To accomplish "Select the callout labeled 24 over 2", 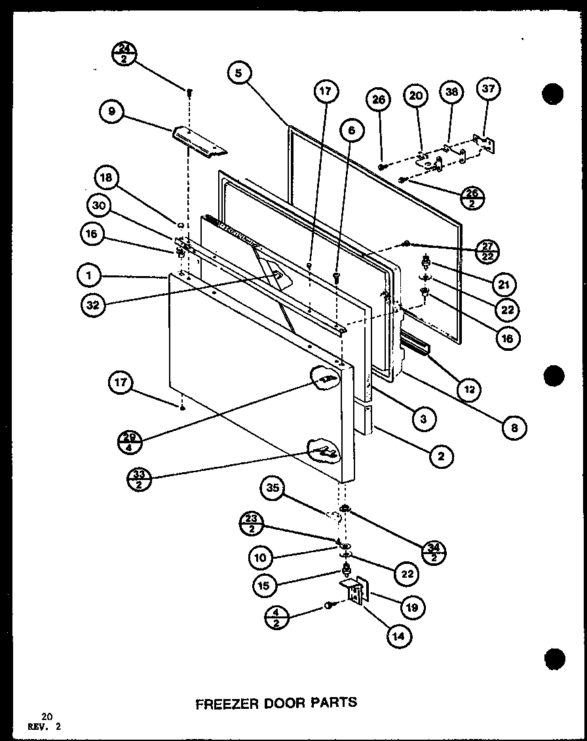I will [124, 52].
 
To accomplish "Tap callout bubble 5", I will [240, 74].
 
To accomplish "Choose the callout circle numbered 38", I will [451, 93].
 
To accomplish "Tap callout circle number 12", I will [470, 390].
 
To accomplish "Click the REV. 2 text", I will [48, 726].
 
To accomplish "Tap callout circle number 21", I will [505, 284].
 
